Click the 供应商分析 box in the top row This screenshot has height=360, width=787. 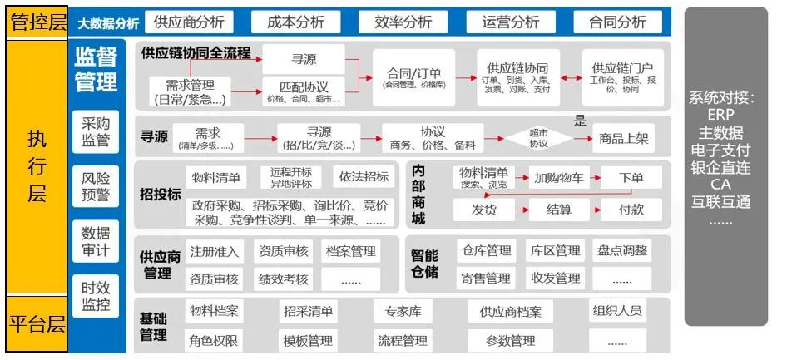tap(189, 22)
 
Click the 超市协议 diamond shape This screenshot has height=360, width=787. tap(539, 138)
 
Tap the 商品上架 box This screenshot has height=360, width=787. tap(624, 139)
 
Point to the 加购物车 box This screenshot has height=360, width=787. tap(559, 177)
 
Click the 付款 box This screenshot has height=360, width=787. tap(631, 210)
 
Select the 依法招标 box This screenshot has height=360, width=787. tap(363, 177)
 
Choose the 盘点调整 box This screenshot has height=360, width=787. tap(622, 250)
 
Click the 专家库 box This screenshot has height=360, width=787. tap(403, 312)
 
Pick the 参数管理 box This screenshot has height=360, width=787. tap(511, 340)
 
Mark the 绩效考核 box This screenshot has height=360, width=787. tap(284, 278)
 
